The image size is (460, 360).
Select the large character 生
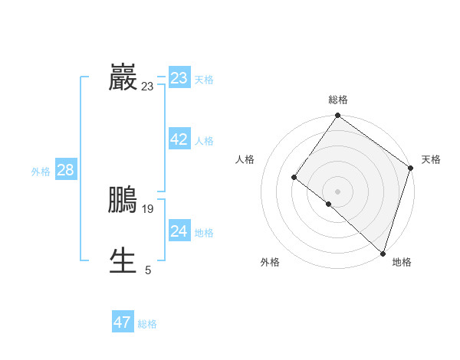pos(123,260)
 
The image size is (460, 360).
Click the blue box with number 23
pos(179,78)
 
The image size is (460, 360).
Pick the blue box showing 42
pos(179,139)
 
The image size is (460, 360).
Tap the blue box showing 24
pos(179,231)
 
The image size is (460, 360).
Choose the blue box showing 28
pos(65,170)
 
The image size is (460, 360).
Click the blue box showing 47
pos(123,322)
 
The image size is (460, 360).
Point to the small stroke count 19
pos(148,208)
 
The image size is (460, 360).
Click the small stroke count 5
pos(148,270)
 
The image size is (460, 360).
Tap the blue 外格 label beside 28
pos(41,172)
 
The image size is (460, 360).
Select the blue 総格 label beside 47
pos(147,324)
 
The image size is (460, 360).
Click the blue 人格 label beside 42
pos(204,141)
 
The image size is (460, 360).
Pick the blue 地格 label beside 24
pos(204,233)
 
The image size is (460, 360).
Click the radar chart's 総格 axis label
pos(338,100)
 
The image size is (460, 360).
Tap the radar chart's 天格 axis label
pos(431,159)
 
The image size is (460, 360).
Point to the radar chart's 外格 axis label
pos(270,262)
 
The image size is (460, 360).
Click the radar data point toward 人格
pos(294,178)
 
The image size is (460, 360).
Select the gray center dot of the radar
pos(337,191)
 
